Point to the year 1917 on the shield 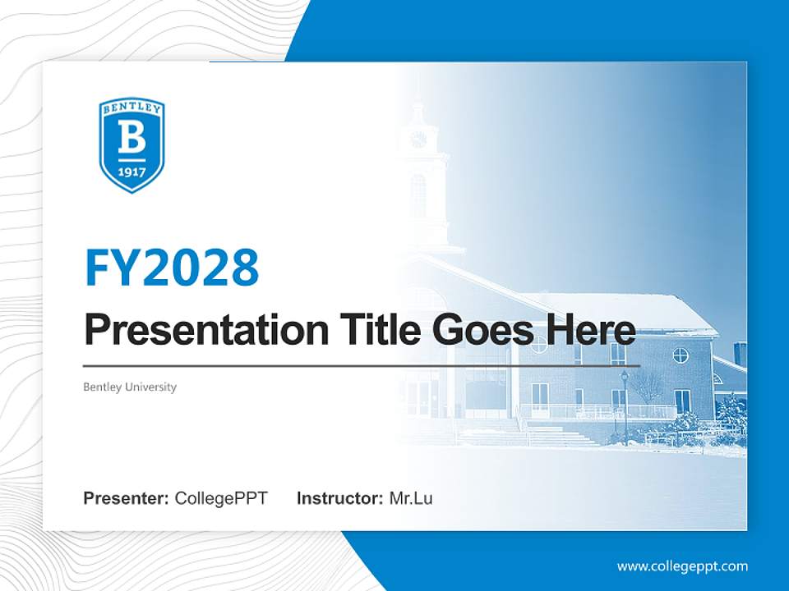(131, 172)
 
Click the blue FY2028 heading (172, 268)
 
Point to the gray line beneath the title (362, 365)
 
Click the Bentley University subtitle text (130, 387)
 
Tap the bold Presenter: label (127, 498)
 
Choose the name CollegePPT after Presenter (221, 498)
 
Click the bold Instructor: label (339, 498)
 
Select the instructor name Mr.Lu (411, 498)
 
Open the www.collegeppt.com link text (682, 566)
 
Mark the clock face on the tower (418, 140)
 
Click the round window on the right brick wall (681, 355)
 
